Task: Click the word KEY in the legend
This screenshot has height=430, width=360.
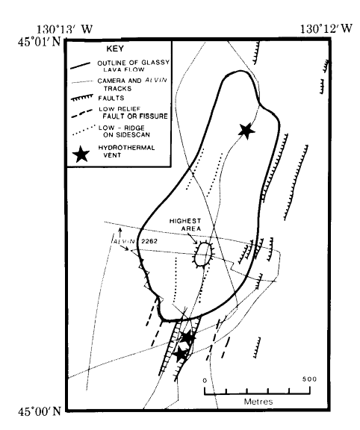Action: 115,49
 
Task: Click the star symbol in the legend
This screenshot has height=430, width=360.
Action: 81,154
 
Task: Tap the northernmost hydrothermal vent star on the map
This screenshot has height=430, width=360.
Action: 246,131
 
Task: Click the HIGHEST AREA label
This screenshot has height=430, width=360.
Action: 185,225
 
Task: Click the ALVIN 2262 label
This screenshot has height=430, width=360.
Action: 134,241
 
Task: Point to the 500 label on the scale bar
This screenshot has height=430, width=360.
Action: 309,379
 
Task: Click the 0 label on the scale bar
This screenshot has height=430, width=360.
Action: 205,381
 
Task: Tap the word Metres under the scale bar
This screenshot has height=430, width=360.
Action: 258,402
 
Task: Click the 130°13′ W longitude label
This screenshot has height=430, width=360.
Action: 64,29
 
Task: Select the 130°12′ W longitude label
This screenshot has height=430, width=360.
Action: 326,28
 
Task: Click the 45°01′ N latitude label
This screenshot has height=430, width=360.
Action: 40,43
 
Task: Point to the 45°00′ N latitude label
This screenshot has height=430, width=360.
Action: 40,411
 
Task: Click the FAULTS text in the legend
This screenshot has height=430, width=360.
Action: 111,99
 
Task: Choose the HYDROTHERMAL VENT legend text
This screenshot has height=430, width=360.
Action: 126,152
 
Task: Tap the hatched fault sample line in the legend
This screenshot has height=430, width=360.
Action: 81,99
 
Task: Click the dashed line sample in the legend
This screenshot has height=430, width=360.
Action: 81,113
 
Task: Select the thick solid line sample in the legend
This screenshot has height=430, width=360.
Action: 81,66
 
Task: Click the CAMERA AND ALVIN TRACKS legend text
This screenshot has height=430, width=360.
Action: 132,84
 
